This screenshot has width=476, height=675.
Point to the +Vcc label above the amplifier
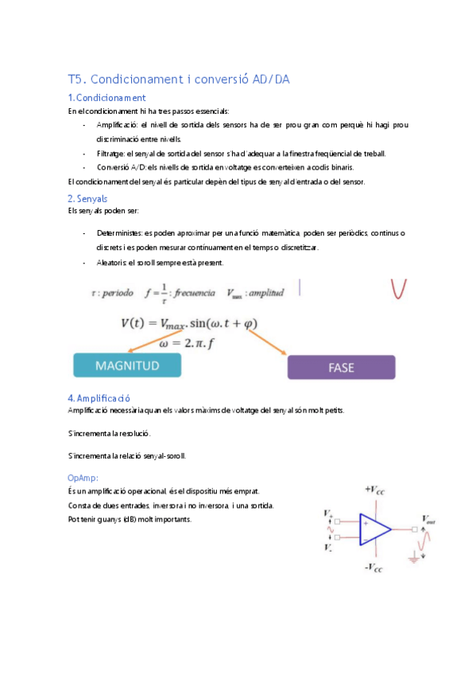coord(375,488)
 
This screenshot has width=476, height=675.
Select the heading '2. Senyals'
coord(88,198)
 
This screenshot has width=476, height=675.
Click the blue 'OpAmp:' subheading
coord(83,478)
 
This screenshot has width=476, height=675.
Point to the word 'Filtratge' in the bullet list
coord(112,153)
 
